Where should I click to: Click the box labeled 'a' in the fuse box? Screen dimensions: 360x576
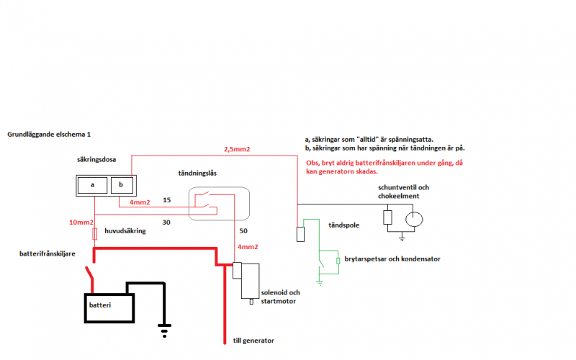(93, 184)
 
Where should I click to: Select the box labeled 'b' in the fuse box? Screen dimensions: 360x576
(120, 184)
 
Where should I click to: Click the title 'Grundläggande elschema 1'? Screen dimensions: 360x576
(49, 134)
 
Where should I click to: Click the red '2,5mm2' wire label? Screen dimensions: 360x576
(238, 149)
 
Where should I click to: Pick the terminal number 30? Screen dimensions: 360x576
(166, 222)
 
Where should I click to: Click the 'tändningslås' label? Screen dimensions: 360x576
(199, 173)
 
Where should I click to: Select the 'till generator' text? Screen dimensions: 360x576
(253, 341)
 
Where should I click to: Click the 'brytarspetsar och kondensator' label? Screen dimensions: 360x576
(392, 258)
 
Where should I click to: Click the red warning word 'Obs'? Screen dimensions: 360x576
(313, 163)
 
